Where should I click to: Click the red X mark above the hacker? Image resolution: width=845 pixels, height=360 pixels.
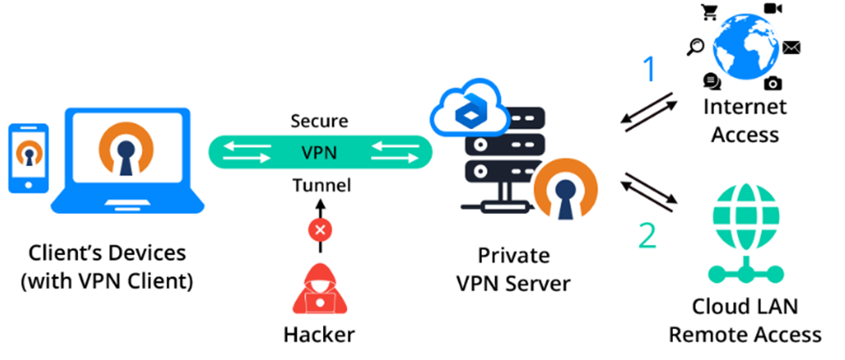319,228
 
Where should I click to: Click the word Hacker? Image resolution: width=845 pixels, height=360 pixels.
319,334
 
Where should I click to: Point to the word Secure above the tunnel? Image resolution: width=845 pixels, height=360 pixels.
319,121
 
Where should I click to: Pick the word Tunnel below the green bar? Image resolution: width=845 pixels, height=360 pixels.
319,185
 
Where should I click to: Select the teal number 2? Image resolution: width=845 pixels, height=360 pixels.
647,236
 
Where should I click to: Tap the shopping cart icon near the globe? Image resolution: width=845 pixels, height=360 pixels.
708,13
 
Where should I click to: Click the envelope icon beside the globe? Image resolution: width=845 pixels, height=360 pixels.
791,47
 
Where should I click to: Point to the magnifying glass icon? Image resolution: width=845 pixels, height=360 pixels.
695,47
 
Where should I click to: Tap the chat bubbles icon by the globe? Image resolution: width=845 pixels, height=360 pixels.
712,81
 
